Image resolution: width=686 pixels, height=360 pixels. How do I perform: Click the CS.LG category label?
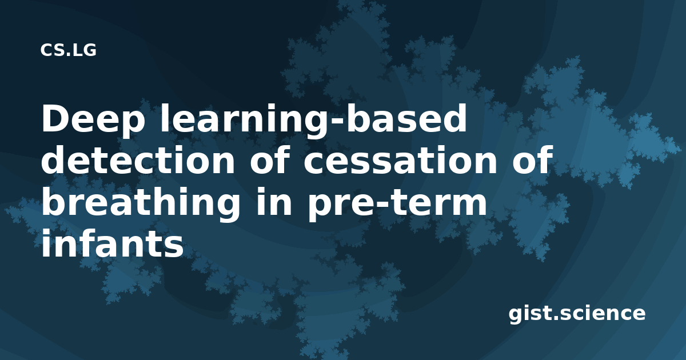pos(68,50)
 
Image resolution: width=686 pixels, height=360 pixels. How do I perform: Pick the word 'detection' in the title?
pos(138,160)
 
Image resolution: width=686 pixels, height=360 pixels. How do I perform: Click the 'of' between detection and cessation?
pos(270,159)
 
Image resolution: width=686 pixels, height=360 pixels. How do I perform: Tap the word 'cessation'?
pos(400,160)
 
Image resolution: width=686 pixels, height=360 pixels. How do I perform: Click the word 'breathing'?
pos(141,203)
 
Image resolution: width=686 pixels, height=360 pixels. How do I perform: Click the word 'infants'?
pos(113,243)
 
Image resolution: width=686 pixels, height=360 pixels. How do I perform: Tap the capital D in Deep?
pos(57,118)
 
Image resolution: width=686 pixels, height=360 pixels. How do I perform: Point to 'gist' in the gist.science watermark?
pos(531,314)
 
